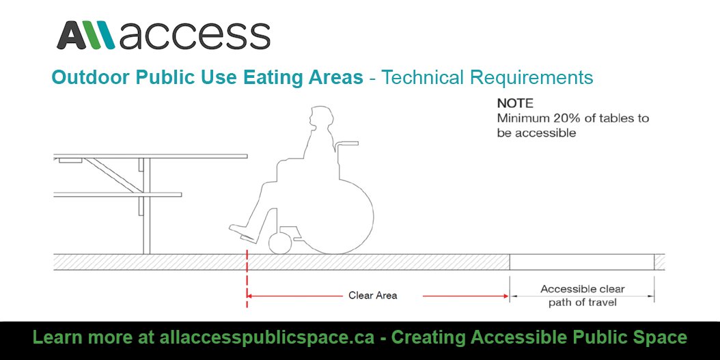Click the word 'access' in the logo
195,36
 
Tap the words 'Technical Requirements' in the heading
487,77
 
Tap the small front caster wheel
281,243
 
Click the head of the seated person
319,120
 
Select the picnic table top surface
150,156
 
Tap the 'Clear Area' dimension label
372,296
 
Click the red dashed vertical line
247,280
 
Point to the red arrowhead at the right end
506,296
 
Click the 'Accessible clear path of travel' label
583,295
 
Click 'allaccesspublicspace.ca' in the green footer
268,337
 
